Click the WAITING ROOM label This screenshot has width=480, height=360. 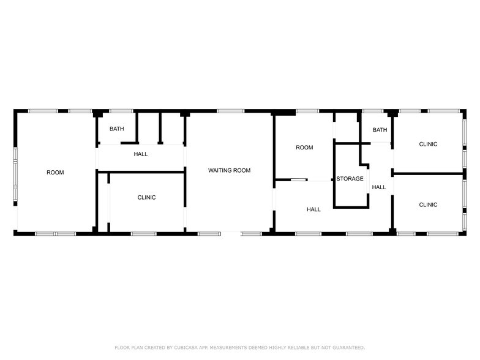pyautogui.click(x=229, y=170)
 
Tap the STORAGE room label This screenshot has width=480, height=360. pyautogui.click(x=350, y=179)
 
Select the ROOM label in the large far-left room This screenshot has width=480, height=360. pyautogui.click(x=55, y=173)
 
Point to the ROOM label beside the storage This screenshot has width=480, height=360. pyautogui.click(x=305, y=148)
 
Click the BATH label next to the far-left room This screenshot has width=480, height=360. pyautogui.click(x=117, y=129)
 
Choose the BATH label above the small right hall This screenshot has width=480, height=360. pyautogui.click(x=380, y=130)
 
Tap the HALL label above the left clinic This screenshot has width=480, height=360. pyautogui.click(x=141, y=154)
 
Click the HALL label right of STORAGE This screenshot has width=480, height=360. pyautogui.click(x=379, y=187)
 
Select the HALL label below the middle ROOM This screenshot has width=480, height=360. pyautogui.click(x=313, y=209)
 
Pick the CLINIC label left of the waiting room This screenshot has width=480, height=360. pyautogui.click(x=147, y=197)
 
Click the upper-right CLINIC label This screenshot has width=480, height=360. pyautogui.click(x=429, y=144)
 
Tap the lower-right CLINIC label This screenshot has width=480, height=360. pyautogui.click(x=429, y=204)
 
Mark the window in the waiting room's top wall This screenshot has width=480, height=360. pyautogui.click(x=231, y=111)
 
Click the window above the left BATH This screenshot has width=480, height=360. pyautogui.click(x=121, y=111)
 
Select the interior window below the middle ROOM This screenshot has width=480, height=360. pyautogui.click(x=299, y=180)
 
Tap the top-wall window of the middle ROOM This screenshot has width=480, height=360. pyautogui.click(x=307, y=111)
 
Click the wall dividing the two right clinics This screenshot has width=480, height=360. pyautogui.click(x=429, y=174)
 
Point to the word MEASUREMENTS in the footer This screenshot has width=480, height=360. pyautogui.click(x=227, y=348)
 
